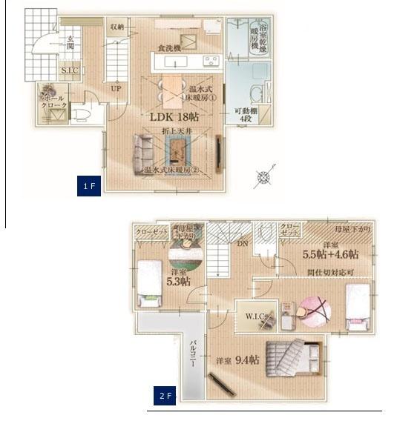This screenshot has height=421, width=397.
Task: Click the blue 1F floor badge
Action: tap(88, 186)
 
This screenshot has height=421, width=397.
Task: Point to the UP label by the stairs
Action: tap(116, 87)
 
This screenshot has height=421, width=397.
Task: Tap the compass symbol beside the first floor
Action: tap(265, 176)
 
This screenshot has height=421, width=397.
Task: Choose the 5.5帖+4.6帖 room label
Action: tap(330, 253)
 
